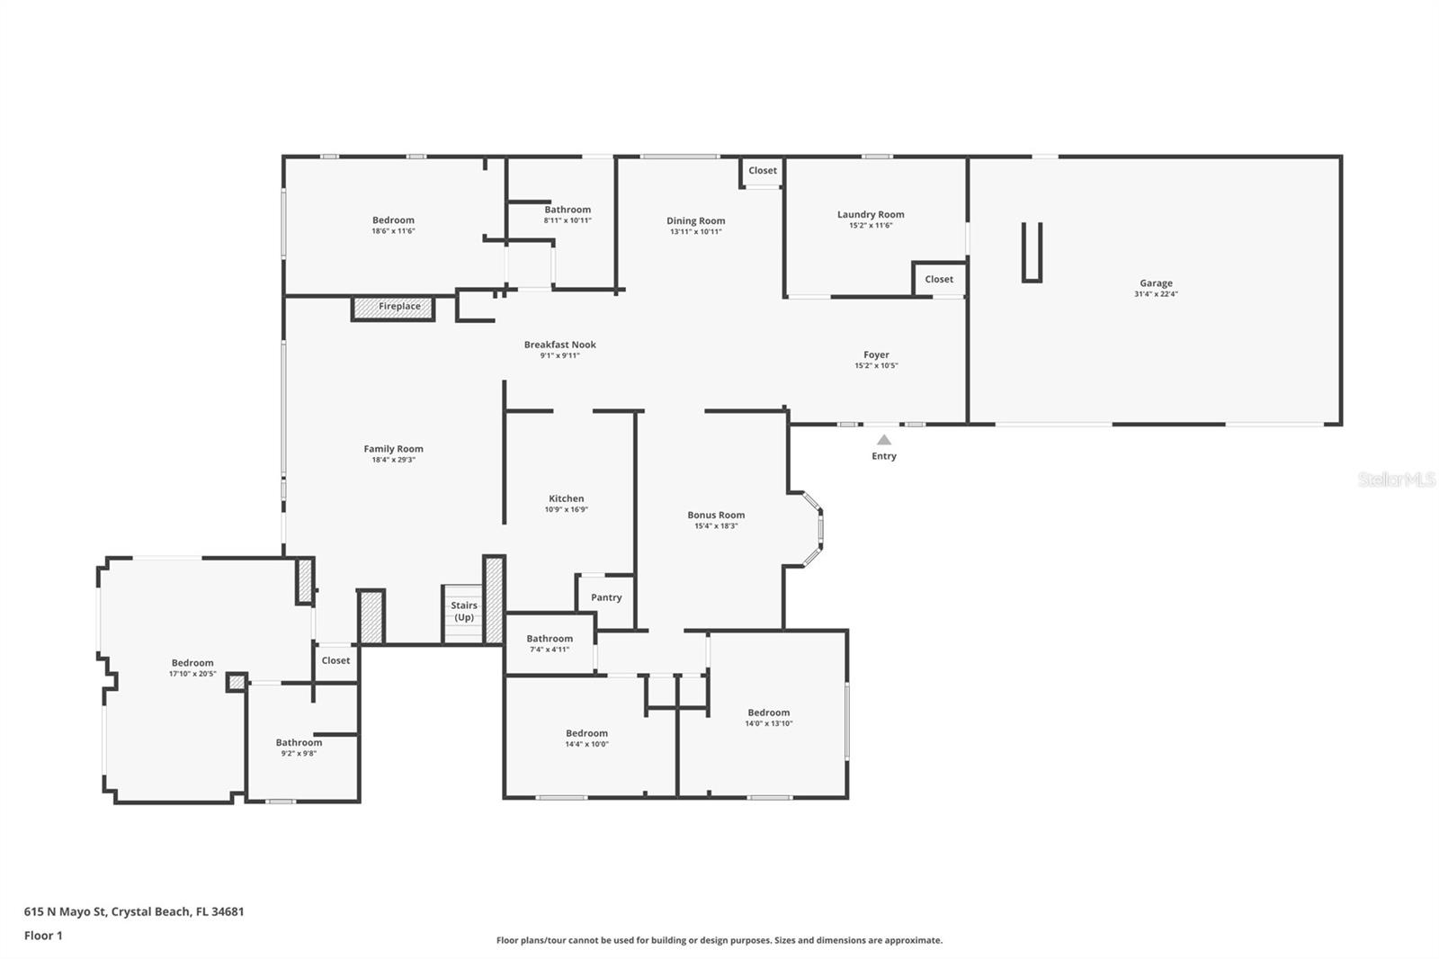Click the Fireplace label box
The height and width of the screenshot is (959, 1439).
point(393,307)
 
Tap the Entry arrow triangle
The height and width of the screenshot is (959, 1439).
point(884,440)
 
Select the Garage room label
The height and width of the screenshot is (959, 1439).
point(1156,283)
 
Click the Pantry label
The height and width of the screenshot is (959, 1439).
point(606,597)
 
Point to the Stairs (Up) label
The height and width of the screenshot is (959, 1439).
point(464,612)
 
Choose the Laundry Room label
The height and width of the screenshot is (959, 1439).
point(871,214)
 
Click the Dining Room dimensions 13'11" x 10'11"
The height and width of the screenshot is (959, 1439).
point(695,232)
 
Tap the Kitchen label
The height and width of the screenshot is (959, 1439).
point(567,498)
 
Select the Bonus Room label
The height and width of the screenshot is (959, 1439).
point(716,515)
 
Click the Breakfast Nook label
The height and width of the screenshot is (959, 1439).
point(560,345)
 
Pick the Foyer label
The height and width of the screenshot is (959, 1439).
point(876,355)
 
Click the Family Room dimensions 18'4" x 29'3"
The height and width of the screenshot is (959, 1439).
point(394,460)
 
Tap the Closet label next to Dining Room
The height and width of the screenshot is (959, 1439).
point(763,171)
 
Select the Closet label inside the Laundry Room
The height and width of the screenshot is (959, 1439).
point(939,280)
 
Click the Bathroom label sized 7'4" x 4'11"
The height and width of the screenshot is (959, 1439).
point(550,639)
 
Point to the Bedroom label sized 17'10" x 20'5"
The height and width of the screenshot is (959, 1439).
point(192,663)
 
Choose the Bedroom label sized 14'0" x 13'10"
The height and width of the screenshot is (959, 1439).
point(768,713)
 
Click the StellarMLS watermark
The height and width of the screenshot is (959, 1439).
point(1396,480)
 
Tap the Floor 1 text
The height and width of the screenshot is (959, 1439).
point(43,936)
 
